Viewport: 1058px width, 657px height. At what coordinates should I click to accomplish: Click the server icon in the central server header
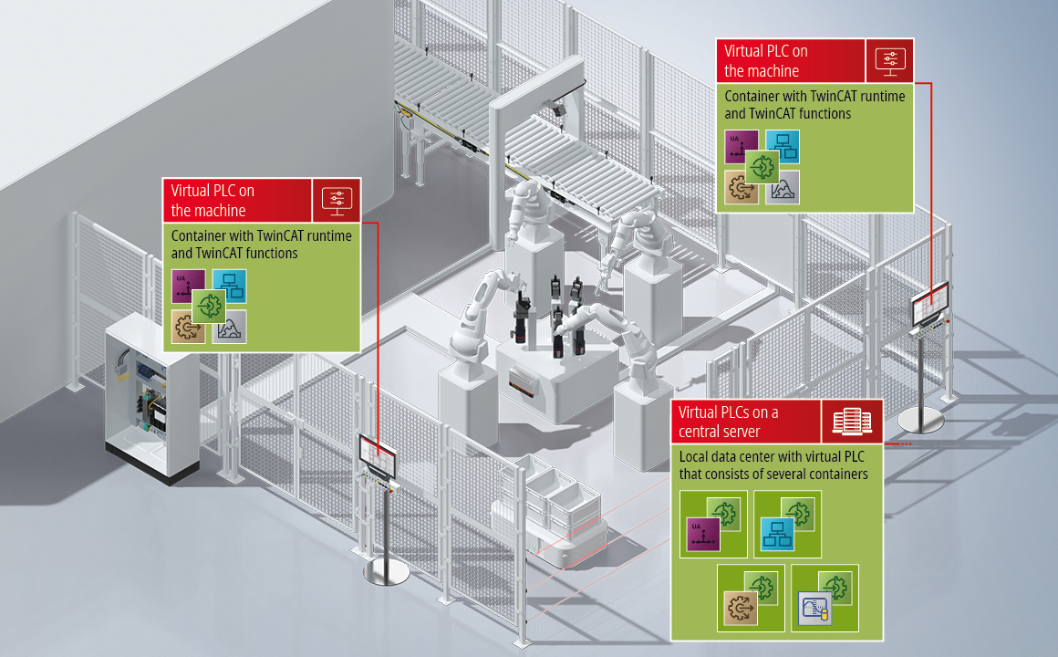point(852,422)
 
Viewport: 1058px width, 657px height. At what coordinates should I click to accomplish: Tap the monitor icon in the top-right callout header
point(890,61)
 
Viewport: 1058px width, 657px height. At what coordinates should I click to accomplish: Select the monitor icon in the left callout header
point(337,200)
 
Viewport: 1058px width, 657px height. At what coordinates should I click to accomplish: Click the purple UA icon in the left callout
point(188,287)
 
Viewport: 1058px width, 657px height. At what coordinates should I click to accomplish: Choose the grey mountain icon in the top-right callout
point(782,187)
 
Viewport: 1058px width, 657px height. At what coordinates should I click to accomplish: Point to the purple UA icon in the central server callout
point(702,534)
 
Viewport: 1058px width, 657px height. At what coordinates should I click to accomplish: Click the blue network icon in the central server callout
point(777,534)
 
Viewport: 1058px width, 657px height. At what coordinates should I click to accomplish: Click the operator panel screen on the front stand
point(379,454)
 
